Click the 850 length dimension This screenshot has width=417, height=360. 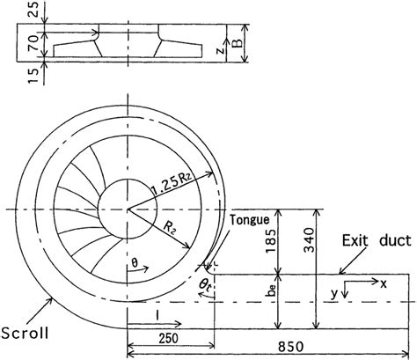(x=290, y=347)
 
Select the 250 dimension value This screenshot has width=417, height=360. (x=169, y=339)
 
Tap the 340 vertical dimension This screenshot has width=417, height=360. (x=309, y=240)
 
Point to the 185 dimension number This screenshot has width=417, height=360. (x=270, y=241)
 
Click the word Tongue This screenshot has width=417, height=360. (x=250, y=220)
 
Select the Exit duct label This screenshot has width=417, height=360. (x=377, y=240)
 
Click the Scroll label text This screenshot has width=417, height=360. (x=25, y=333)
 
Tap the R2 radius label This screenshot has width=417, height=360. (x=170, y=229)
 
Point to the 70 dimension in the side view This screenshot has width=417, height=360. (x=34, y=43)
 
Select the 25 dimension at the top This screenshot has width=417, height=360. (x=34, y=10)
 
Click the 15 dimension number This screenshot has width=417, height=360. (x=34, y=76)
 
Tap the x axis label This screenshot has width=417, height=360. (x=383, y=284)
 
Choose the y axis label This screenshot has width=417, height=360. (x=334, y=294)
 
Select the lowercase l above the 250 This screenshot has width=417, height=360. (x=158, y=315)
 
